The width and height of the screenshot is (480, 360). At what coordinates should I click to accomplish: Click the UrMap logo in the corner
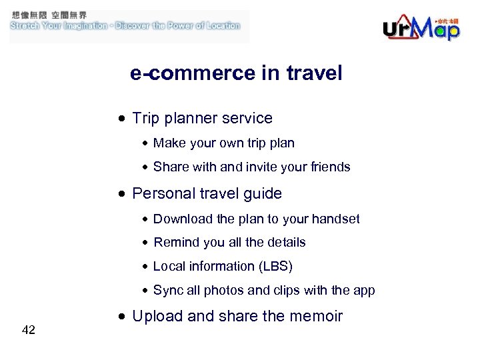pyautogui.click(x=421, y=27)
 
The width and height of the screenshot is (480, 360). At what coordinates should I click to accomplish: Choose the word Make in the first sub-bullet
pyautogui.click(x=167, y=143)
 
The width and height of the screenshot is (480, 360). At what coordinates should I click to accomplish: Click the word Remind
pyautogui.click(x=173, y=243)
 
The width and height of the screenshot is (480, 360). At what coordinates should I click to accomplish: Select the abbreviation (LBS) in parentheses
pyautogui.click(x=276, y=267)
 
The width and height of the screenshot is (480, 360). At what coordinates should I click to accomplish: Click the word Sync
pyautogui.click(x=166, y=291)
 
